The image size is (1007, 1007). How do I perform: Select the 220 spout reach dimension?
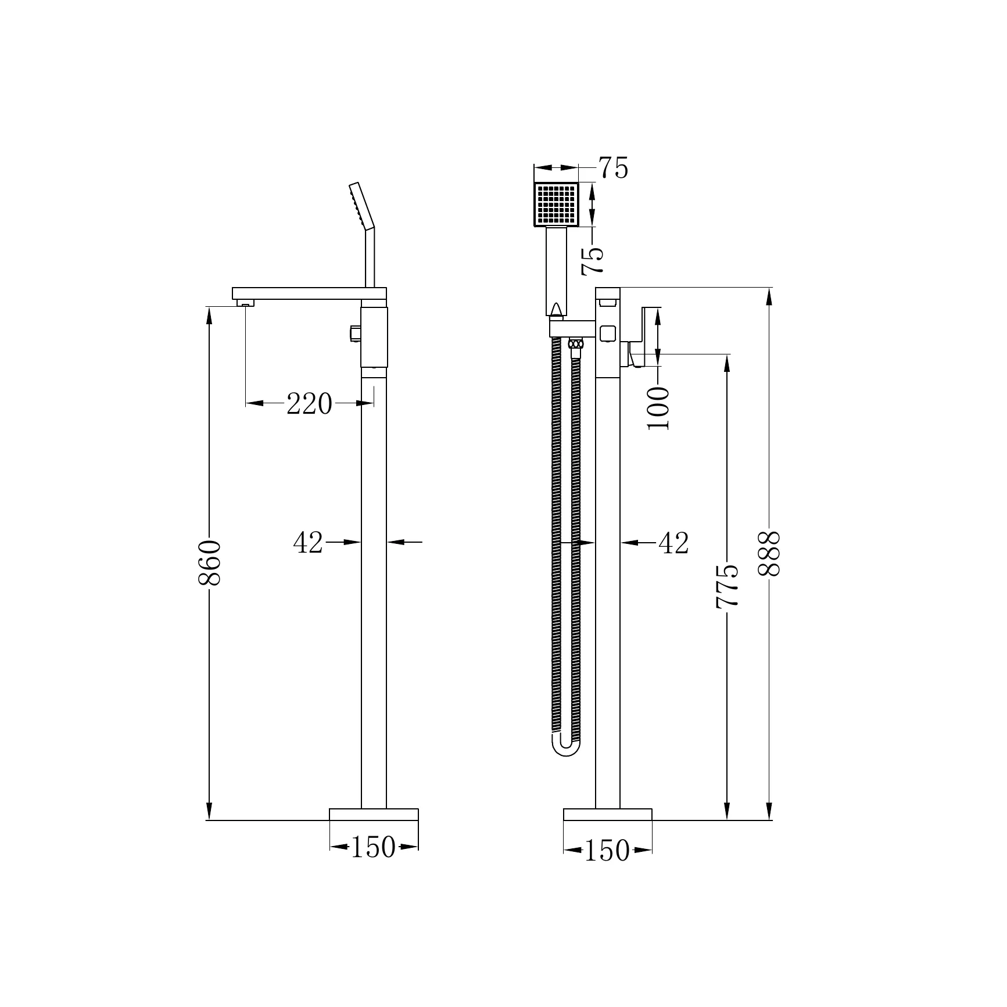[309, 404]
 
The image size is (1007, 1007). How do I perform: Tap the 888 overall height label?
[769, 553]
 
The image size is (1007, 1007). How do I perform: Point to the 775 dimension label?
[727, 586]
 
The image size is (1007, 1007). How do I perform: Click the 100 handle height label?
[658, 408]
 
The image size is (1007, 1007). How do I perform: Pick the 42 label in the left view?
[308, 543]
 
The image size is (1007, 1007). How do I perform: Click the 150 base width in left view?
[373, 847]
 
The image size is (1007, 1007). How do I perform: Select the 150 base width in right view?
[607, 851]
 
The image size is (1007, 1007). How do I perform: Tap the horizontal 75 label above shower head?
[614, 168]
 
